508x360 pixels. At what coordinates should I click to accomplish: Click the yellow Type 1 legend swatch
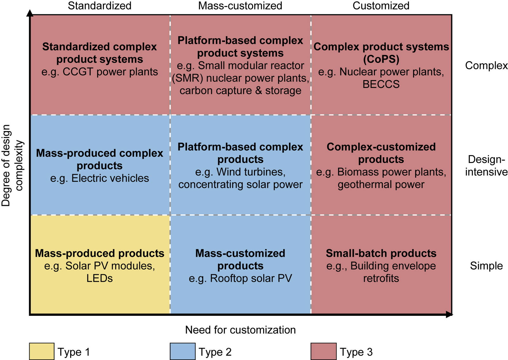pos(42,351)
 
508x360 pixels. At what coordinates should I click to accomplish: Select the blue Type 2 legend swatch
pos(183,351)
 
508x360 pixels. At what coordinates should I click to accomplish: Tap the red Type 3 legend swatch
pos(323,351)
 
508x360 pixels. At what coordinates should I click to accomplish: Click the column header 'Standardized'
pos(99,6)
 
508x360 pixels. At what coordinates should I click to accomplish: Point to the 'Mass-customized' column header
pos(240,6)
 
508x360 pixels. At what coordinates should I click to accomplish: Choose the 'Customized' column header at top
pos(381,6)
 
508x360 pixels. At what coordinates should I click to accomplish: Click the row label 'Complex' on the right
pos(486,65)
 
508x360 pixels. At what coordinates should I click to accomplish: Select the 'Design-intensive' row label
pos(486,166)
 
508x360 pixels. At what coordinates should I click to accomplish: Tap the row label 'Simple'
pos(486,266)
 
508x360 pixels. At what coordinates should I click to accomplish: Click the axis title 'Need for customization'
pos(240,330)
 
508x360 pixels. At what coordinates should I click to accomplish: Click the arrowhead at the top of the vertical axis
pos(30,13)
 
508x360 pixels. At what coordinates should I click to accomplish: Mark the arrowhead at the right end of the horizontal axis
pos(449,315)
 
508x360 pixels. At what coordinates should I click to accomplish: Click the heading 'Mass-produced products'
pos(99,253)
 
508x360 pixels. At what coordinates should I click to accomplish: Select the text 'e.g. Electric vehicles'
pos(99,178)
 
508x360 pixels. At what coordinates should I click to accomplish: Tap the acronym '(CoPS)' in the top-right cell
pos(381,59)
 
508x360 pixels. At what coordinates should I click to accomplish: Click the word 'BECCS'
pos(381,84)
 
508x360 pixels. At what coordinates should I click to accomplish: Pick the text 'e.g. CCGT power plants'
pos(99,72)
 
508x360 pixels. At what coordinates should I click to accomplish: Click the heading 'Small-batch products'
pos(381,253)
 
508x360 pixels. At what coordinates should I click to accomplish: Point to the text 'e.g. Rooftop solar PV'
pos(240,278)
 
